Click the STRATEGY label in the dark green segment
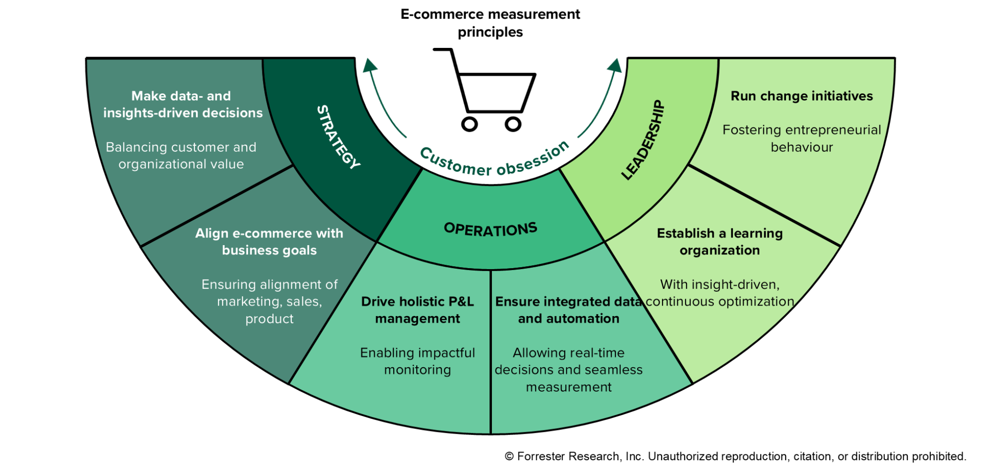tap(339, 137)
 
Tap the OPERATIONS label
tap(490, 229)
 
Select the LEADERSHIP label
tap(643, 140)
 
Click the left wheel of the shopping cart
tap(469, 124)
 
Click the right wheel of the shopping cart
tap(513, 124)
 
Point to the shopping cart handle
tap(443, 49)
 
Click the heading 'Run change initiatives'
tap(802, 96)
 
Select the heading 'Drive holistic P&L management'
tap(417, 310)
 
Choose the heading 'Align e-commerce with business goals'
tap(269, 241)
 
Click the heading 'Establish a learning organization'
tap(719, 241)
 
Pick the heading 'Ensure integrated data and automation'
tap(569, 310)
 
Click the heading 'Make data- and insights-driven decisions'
tap(183, 104)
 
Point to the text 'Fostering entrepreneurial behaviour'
tap(802, 138)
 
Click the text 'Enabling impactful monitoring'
tap(417, 361)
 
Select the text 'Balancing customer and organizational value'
tap(181, 155)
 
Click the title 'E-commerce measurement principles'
tap(490, 23)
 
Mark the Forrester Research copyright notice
tap(735, 456)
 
